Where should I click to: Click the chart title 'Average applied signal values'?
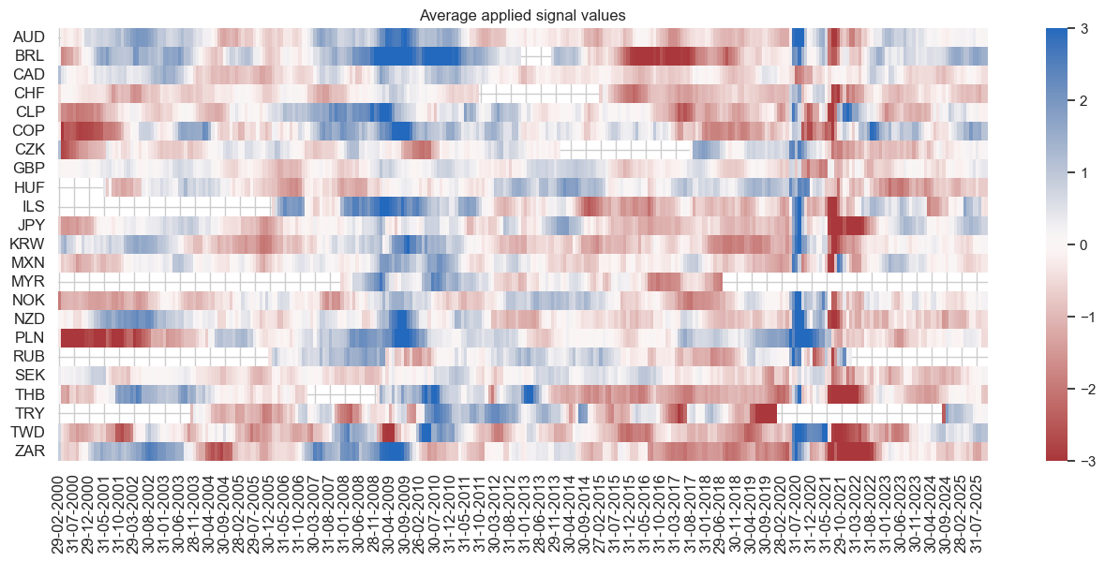[523, 14]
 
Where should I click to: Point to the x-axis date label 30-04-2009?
[391, 510]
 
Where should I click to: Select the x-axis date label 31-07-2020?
[798, 510]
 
